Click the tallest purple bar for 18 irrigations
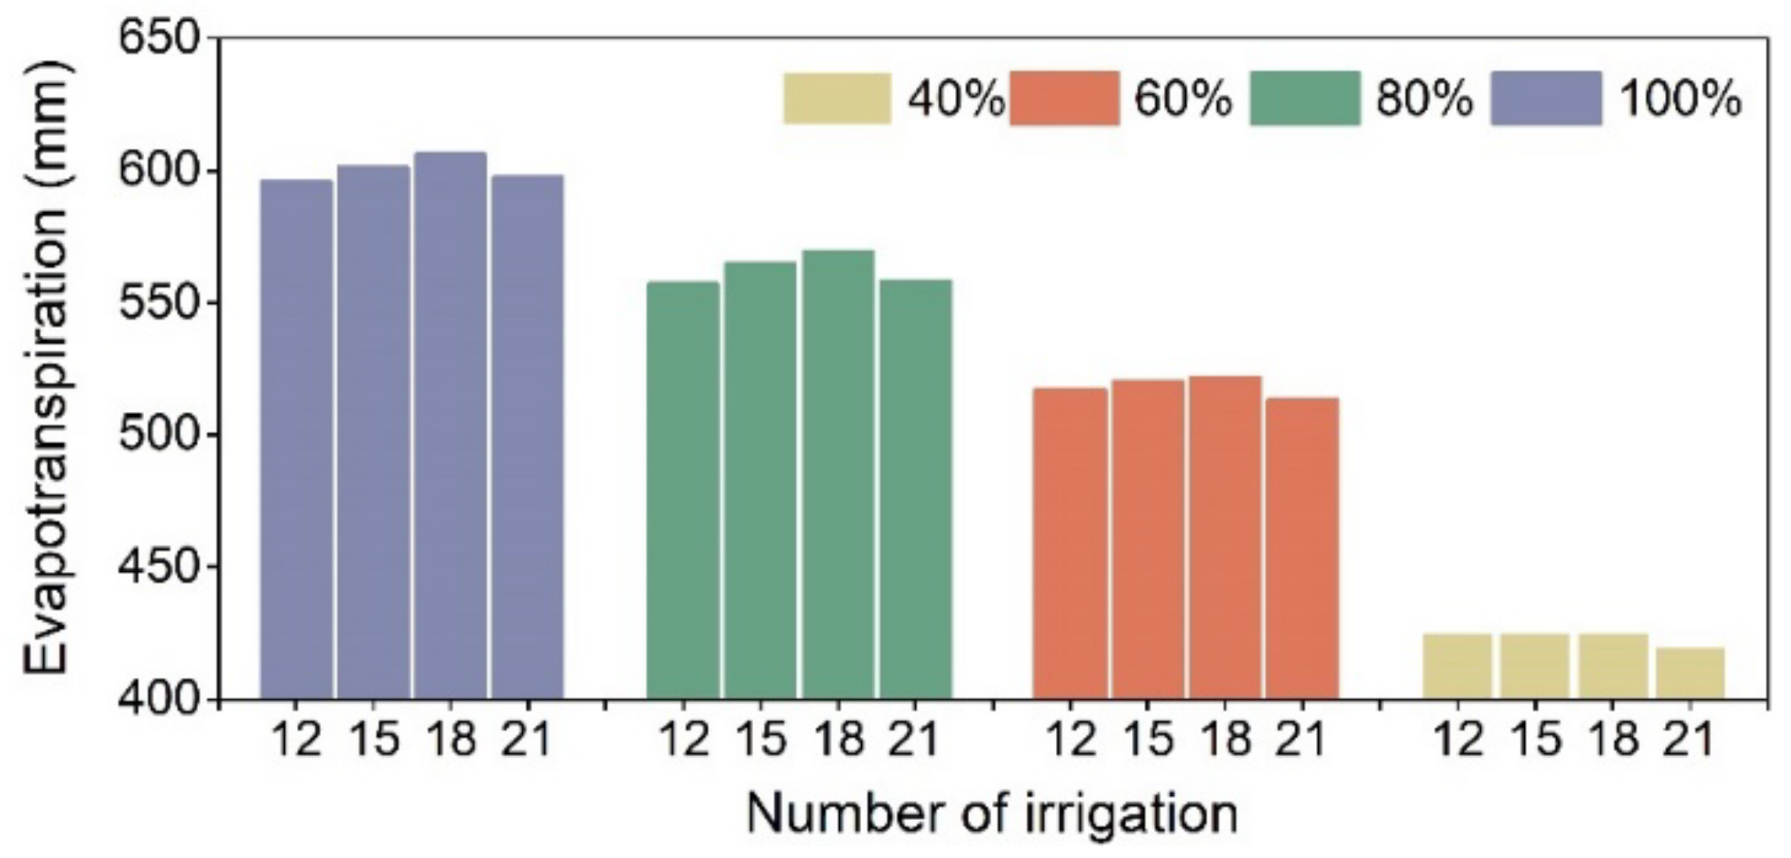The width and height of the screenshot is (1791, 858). tap(450, 424)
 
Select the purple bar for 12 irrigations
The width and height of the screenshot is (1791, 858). tap(296, 438)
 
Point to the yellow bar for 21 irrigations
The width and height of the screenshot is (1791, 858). tap(1690, 672)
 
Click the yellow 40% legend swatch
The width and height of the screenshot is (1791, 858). tap(837, 99)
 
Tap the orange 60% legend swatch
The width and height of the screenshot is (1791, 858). tap(1065, 99)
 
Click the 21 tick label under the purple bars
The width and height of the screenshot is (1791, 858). tap(526, 739)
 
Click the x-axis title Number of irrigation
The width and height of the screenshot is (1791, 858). tap(992, 813)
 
